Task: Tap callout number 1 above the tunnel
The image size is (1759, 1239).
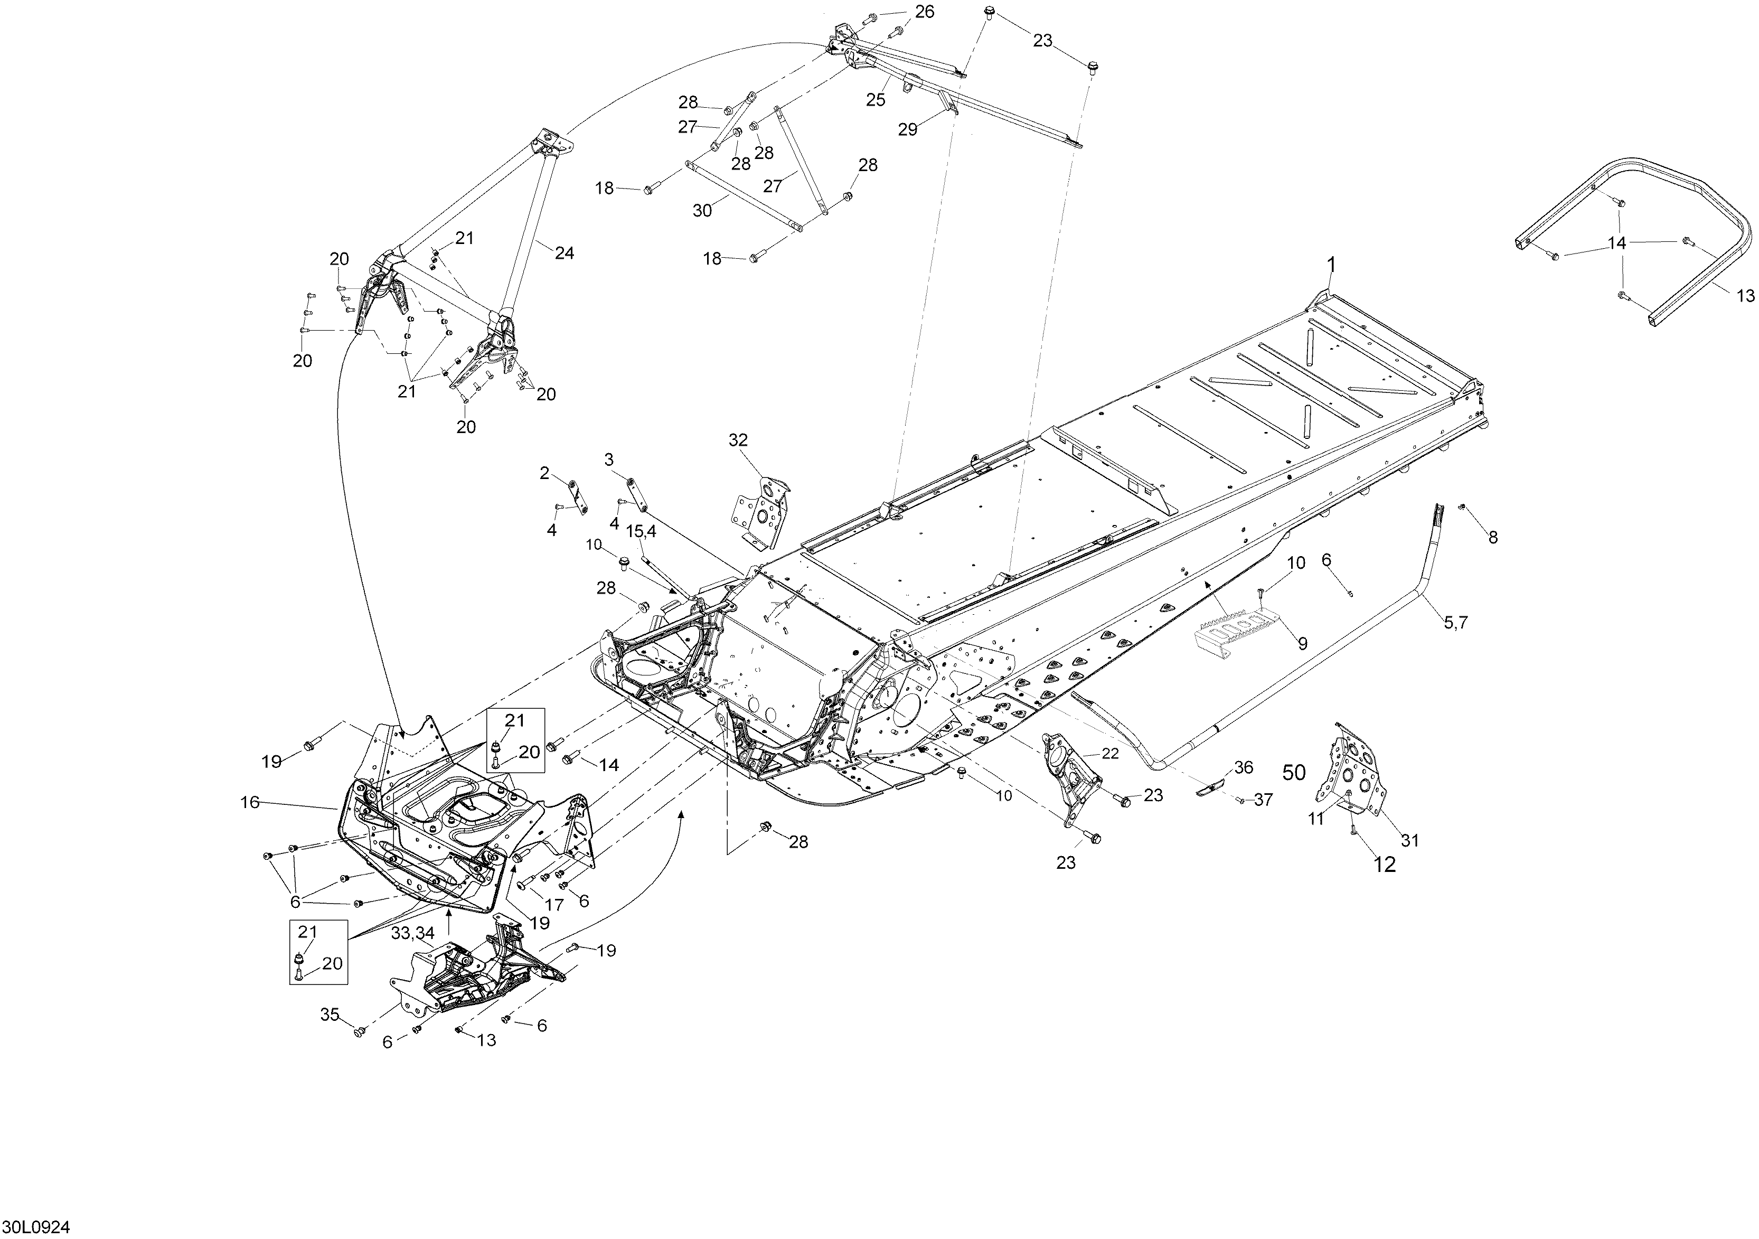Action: (x=1331, y=265)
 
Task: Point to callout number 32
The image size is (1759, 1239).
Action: (x=739, y=440)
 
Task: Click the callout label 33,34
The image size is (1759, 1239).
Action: (x=413, y=933)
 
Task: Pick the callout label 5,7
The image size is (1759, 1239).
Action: (x=1455, y=623)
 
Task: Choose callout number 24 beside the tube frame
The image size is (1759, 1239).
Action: (x=564, y=253)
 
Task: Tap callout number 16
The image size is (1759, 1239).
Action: (x=250, y=802)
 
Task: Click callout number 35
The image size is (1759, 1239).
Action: (x=330, y=1015)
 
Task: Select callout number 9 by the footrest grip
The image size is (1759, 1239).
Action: (x=1302, y=644)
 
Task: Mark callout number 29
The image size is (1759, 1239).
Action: (x=907, y=129)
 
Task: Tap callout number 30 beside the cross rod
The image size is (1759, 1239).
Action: (x=702, y=210)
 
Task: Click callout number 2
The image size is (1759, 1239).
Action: (x=545, y=474)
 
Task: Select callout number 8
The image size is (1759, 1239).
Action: (x=1492, y=538)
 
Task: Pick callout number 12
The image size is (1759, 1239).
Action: (x=1385, y=865)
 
